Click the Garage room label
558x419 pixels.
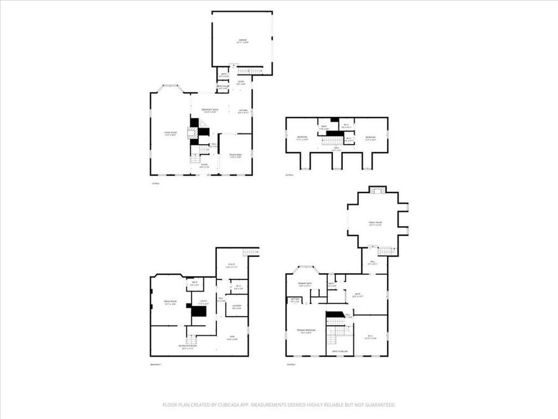pyautogui.click(x=244, y=41)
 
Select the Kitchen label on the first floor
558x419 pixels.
pyautogui.click(x=244, y=111)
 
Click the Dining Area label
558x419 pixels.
pyautogui.click(x=236, y=155)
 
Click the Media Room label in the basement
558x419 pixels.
pyautogui.click(x=170, y=302)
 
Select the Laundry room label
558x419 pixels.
pyautogui.click(x=236, y=306)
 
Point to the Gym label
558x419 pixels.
pyautogui.click(x=232, y=338)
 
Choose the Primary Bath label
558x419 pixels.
pyautogui.click(x=305, y=284)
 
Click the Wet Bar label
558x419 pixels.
pyautogui.click(x=295, y=300)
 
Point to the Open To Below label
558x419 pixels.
pyautogui.click(x=339, y=351)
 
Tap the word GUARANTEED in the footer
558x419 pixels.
pyautogui.click(x=376, y=405)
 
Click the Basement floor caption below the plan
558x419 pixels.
pyautogui.click(x=156, y=364)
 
